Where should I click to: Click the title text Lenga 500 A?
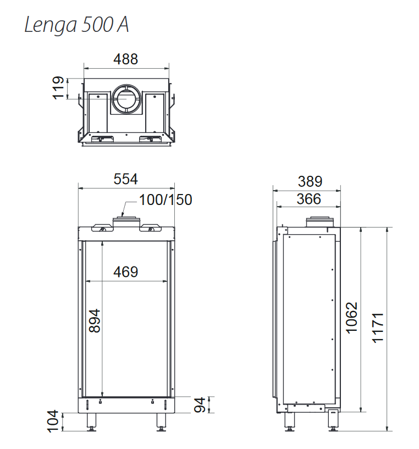[x=76, y=25]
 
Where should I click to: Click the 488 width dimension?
[x=125, y=59]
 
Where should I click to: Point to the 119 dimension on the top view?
[x=58, y=88]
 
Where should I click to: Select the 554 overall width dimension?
[x=125, y=179]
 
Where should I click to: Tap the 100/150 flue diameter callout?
[x=166, y=200]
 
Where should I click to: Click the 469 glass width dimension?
[x=125, y=272]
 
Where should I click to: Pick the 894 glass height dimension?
[x=95, y=321]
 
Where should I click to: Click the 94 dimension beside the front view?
[x=200, y=404]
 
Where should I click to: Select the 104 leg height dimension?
[x=53, y=421]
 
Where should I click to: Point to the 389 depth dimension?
[x=310, y=181]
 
